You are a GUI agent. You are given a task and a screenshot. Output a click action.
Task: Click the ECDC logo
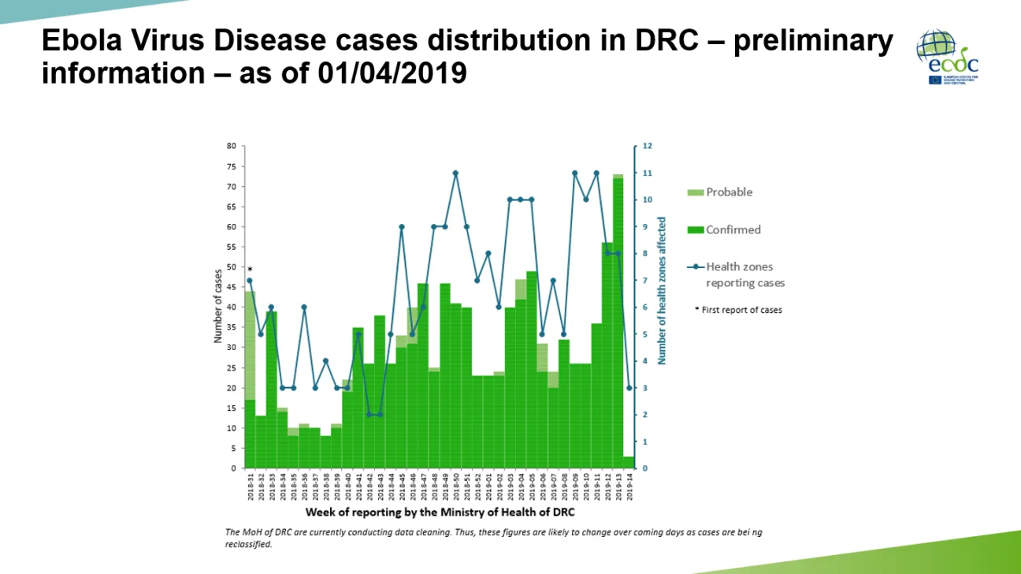pyautogui.click(x=946, y=57)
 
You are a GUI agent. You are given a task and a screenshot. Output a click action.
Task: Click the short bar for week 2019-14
pyautogui.click(x=629, y=462)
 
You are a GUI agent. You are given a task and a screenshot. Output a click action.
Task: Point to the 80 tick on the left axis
pyautogui.click(x=232, y=146)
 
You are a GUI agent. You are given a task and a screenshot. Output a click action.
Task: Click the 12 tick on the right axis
pyautogui.click(x=647, y=146)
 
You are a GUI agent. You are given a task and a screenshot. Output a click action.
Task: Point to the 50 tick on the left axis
pyautogui.click(x=232, y=267)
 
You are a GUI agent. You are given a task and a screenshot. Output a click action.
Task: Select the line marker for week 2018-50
pyautogui.click(x=455, y=173)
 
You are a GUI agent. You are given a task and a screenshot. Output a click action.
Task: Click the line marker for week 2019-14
pyautogui.click(x=629, y=388)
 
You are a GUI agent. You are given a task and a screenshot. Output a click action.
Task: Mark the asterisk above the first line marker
pyautogui.click(x=250, y=270)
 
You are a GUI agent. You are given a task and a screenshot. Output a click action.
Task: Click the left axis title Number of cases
pyautogui.click(x=217, y=307)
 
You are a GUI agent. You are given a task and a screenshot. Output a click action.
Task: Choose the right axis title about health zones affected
pyautogui.click(x=662, y=291)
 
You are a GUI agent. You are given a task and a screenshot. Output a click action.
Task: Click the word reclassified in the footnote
pyautogui.click(x=249, y=544)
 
